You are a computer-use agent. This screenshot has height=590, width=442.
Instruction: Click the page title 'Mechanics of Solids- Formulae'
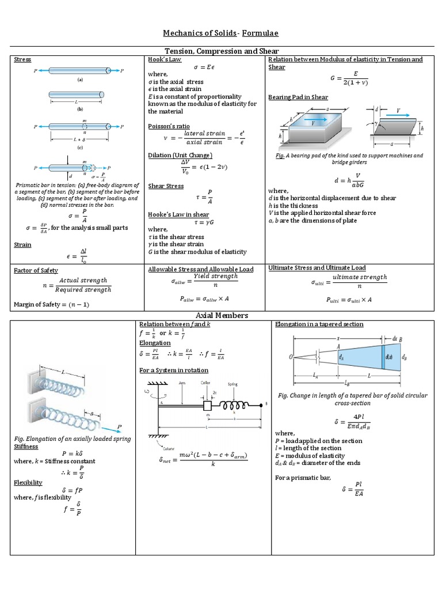(220, 33)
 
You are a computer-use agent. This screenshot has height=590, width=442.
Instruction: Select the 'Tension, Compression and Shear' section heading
(221, 51)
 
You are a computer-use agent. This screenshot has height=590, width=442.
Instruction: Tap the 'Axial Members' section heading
(222, 315)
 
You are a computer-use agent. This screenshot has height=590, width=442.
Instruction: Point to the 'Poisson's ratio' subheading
(169, 126)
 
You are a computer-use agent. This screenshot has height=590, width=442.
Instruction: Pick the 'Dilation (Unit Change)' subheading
(180, 156)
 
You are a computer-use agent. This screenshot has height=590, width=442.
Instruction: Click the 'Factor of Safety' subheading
(36, 270)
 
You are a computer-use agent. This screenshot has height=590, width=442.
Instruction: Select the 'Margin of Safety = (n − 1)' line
(51, 304)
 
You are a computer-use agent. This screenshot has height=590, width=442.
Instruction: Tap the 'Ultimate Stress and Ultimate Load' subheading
(317, 268)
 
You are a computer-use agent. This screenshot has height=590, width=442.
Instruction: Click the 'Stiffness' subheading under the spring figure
(26, 447)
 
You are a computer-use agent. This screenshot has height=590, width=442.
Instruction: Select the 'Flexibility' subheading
(28, 482)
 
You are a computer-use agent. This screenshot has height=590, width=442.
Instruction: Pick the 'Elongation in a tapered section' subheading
(319, 324)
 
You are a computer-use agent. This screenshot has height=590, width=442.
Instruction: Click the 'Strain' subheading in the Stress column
(22, 245)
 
